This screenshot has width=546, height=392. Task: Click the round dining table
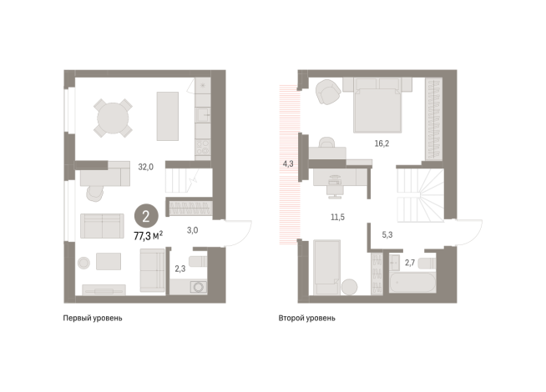click(x=113, y=118)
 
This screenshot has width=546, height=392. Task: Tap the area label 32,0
click(x=145, y=167)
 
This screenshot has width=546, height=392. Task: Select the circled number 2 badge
click(x=146, y=216)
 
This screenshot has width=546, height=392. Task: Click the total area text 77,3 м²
click(x=148, y=236)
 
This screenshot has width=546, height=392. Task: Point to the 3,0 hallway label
click(x=192, y=230)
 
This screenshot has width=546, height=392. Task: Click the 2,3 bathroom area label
click(x=180, y=269)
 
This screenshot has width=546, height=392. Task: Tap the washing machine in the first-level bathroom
click(x=199, y=287)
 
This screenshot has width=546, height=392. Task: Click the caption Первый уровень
click(x=93, y=318)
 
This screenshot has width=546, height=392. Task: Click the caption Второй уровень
click(x=306, y=318)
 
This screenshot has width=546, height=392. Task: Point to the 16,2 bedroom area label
click(x=382, y=143)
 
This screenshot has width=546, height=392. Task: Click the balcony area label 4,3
click(x=288, y=163)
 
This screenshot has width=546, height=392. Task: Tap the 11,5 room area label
click(x=337, y=218)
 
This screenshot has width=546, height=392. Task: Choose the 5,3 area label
click(x=387, y=234)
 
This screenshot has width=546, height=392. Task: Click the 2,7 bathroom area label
click(x=410, y=263)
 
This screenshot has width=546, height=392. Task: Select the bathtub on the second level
click(x=412, y=283)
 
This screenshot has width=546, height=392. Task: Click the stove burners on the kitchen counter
click(x=203, y=147)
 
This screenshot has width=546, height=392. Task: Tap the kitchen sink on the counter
click(x=203, y=114)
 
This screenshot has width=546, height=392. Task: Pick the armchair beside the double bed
click(x=327, y=92)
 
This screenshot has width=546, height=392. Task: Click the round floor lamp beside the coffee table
click(x=83, y=263)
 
